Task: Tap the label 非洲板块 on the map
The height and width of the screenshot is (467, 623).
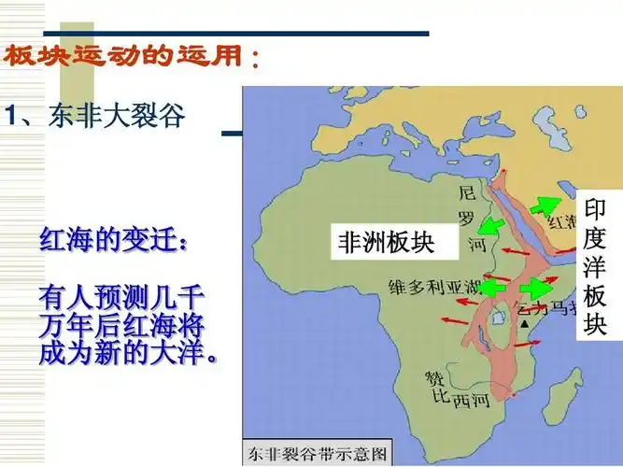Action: [x=386, y=244]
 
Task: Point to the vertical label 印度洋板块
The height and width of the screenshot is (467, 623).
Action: [x=595, y=265]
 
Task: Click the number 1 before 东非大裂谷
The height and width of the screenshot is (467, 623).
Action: [x=10, y=117]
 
